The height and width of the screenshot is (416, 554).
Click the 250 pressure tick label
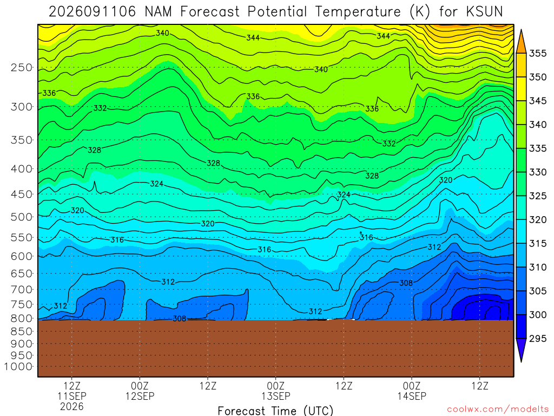(22, 68)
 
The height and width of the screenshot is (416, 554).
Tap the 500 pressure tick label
(22, 217)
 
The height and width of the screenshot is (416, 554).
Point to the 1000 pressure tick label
(18, 367)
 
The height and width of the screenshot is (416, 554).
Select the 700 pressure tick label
(22, 289)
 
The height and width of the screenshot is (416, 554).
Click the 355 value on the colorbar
(538, 54)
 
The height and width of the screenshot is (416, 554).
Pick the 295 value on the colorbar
(538, 339)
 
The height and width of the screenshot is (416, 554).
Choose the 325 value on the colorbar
(538, 196)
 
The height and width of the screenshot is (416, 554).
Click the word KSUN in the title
(484, 12)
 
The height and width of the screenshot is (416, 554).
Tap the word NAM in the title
(159, 12)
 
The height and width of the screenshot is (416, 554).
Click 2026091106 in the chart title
(92, 12)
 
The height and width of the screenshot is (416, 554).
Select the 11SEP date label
(72, 396)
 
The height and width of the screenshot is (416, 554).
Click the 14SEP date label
(412, 396)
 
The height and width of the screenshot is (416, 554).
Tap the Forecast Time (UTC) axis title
(275, 411)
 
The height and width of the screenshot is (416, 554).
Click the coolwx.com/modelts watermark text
(498, 409)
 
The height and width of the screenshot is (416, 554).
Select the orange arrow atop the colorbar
(521, 42)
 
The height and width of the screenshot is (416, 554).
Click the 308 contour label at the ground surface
(180, 318)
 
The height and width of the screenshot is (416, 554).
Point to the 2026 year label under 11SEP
(72, 407)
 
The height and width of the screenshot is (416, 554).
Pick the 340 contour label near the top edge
(162, 33)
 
